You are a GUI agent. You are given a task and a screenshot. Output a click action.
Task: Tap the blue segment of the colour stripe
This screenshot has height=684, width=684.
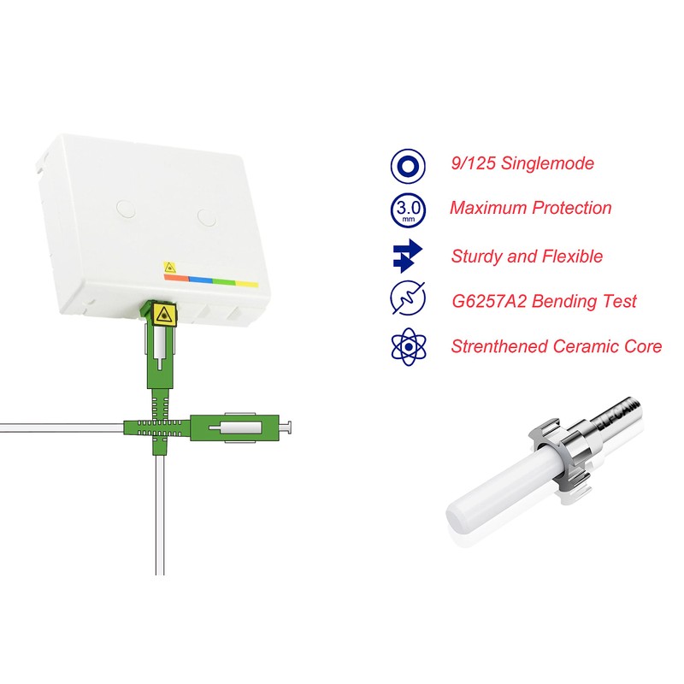[200, 279]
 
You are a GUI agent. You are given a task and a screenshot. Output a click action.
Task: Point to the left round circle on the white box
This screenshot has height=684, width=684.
[126, 207]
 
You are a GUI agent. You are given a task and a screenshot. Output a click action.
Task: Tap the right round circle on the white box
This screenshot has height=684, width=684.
[207, 216]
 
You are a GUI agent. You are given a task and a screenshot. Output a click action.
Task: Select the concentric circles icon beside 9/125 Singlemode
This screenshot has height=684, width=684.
[408, 164]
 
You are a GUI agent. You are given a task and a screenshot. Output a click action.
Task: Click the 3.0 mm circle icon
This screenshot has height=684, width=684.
[408, 209]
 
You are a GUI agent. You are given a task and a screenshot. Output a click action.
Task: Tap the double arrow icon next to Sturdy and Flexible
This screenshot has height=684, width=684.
[408, 256]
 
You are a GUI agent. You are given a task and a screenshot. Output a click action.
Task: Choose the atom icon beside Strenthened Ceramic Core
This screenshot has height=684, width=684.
[408, 346]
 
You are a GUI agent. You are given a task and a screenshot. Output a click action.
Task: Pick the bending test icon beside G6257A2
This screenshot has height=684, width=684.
[408, 301]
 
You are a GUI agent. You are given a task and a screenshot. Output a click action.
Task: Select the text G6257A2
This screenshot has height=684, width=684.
[491, 301]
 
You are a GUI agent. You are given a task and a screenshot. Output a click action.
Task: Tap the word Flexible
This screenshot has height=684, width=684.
[570, 256]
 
